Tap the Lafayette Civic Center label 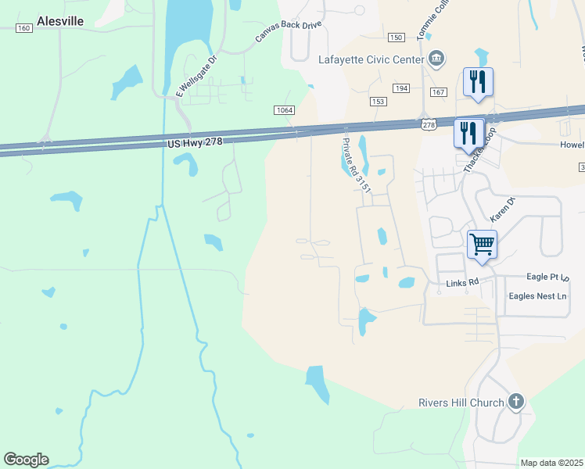coord(371,59)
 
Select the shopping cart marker coord(482,245)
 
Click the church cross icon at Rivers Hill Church coord(515,403)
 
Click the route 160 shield coord(23,28)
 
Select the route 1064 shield coord(284,110)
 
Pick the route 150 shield coord(396,38)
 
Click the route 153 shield coord(379,102)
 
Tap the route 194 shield coord(401,89)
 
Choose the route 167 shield coord(438,92)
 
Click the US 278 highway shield coord(428,125)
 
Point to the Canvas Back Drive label coord(288,32)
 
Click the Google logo coord(26,460)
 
